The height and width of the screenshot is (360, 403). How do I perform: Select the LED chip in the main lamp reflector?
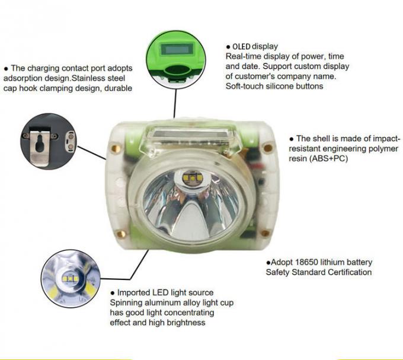click(x=192, y=177)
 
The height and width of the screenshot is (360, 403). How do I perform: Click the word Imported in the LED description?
click(x=134, y=292)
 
